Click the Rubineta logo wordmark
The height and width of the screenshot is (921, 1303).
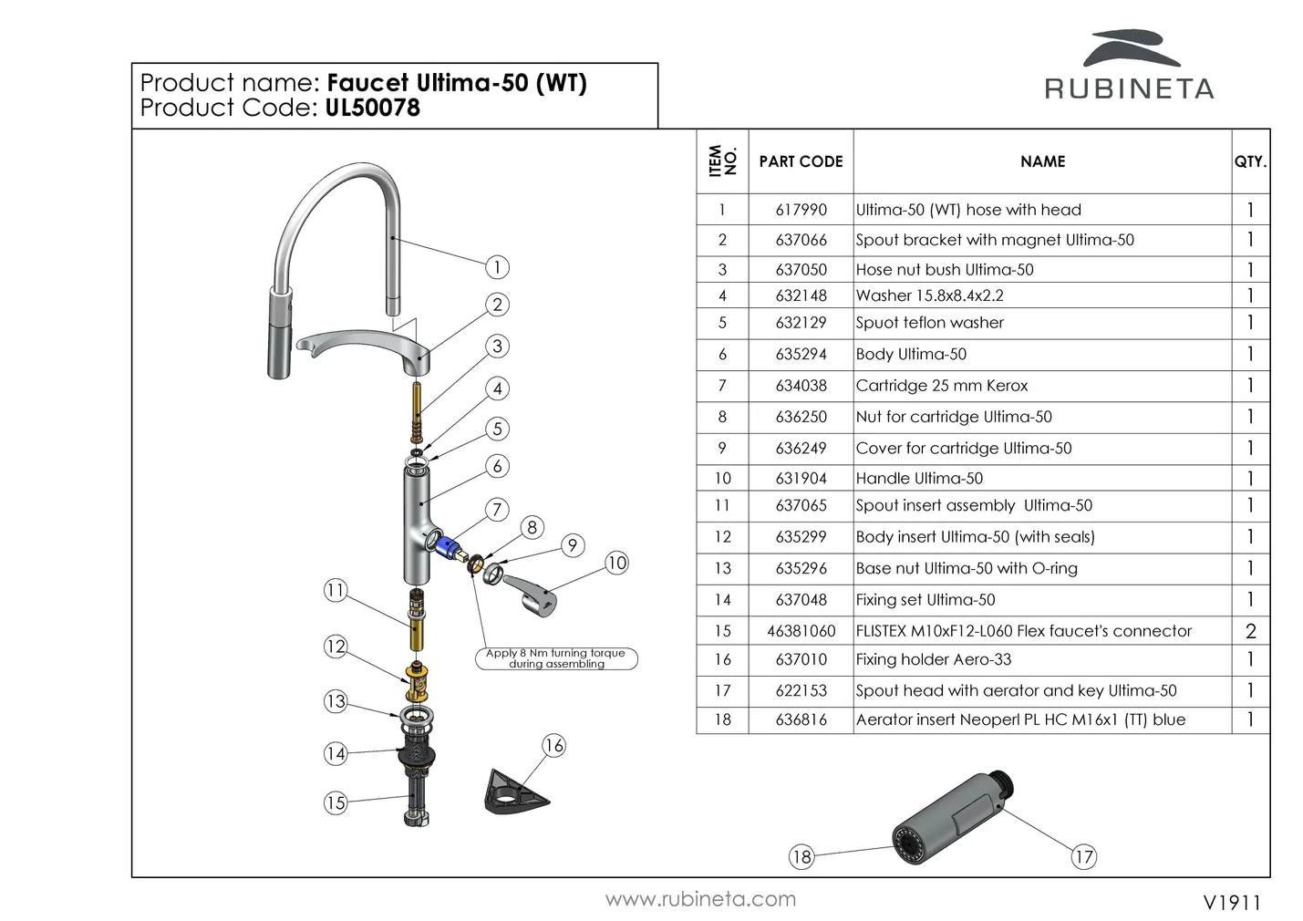point(1129,88)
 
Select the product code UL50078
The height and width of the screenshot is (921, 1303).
point(372,108)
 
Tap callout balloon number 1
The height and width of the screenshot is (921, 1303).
point(497,267)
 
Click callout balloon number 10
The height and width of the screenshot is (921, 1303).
point(616,563)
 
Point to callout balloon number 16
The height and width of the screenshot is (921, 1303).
point(553,745)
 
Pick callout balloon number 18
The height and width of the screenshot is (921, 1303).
point(801,856)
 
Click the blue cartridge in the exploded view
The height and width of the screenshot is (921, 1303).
point(447,546)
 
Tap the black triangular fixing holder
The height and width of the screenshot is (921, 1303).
point(513,791)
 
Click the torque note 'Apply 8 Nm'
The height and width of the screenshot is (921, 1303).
point(555,658)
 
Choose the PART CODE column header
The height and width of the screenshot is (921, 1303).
point(801,161)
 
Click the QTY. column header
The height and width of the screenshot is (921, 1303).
point(1250,161)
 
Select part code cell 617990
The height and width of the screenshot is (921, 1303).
point(801,210)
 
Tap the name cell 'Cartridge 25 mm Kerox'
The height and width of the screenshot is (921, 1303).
point(942,386)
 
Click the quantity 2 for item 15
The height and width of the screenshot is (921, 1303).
point(1250,631)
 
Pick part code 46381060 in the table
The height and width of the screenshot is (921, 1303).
point(801,631)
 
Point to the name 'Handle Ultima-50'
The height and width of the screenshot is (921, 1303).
point(919,478)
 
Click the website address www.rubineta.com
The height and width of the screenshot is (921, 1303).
point(700,899)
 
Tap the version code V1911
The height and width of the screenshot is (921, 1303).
point(1232,902)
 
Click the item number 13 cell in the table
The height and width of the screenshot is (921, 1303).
point(722,568)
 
